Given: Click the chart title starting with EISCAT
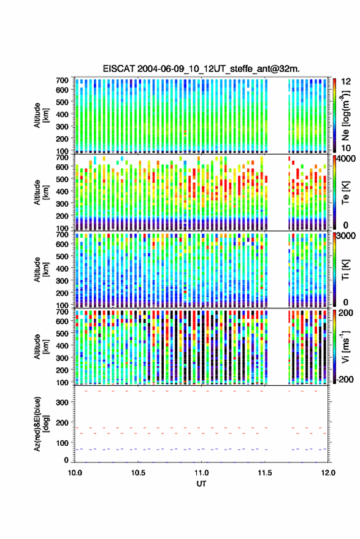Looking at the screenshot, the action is (x=201, y=69).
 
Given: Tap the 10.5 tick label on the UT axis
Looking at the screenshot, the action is (x=138, y=473).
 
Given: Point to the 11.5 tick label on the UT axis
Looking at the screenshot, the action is (x=264, y=473).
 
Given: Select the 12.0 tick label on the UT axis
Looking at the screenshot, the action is (x=328, y=473).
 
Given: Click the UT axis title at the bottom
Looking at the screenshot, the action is (x=201, y=484).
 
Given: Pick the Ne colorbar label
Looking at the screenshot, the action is (x=345, y=115).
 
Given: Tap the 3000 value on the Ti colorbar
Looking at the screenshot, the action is (x=346, y=236).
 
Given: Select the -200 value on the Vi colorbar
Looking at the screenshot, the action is (x=345, y=379).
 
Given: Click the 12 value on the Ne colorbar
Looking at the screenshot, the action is (x=346, y=82).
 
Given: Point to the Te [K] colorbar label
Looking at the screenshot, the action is (x=345, y=193).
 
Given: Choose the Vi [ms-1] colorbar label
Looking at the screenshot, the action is (x=345, y=346).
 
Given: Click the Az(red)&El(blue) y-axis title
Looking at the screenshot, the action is (x=40, y=424).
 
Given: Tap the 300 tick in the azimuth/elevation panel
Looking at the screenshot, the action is (x=62, y=402).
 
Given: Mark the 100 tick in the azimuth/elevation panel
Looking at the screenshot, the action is (x=62, y=443).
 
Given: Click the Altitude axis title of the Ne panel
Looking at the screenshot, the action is (x=40, y=115).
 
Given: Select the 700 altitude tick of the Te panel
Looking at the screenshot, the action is (x=62, y=158).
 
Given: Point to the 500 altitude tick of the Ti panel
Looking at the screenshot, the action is (x=62, y=256).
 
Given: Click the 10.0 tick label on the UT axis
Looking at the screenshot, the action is (x=75, y=473).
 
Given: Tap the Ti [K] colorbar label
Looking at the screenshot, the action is (x=345, y=270).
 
